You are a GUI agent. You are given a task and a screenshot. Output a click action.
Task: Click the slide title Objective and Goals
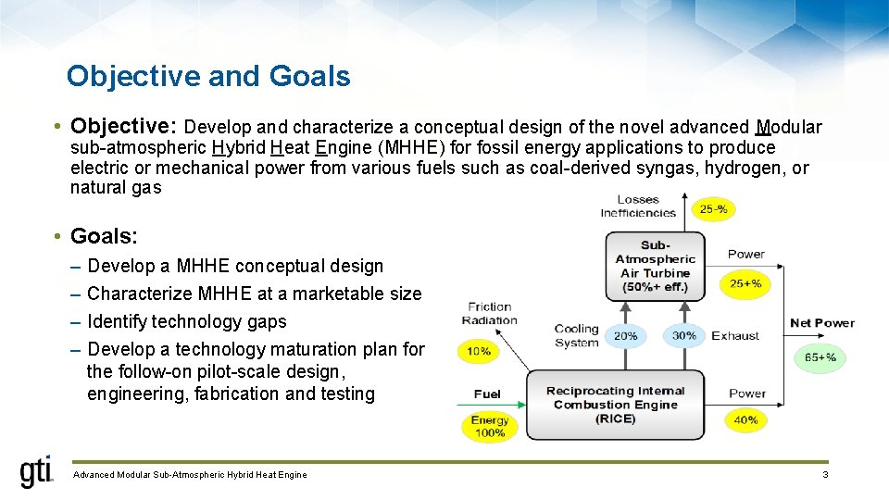[208, 76]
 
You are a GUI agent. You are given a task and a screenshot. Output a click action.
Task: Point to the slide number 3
[824, 475]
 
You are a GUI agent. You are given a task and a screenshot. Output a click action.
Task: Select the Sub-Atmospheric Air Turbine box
[655, 267]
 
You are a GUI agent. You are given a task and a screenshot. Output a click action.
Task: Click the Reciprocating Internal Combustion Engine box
[616, 405]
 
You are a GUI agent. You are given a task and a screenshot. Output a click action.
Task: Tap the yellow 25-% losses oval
[713, 209]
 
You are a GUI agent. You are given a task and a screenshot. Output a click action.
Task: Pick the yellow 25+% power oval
[745, 283]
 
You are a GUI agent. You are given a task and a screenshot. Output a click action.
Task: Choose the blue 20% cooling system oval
[626, 336]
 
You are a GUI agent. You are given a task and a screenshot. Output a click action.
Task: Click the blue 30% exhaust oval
[684, 336]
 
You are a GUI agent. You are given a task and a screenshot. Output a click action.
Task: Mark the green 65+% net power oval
[820, 356]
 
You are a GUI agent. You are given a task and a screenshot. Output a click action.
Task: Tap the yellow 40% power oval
[745, 419]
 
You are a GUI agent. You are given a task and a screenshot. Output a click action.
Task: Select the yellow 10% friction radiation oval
[478, 352]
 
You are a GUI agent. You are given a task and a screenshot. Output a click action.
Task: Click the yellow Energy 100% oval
[489, 426]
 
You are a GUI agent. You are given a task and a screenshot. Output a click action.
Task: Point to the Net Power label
[821, 323]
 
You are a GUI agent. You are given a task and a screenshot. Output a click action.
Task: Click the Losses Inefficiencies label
[638, 206]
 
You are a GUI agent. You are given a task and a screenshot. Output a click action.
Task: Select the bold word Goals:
[104, 236]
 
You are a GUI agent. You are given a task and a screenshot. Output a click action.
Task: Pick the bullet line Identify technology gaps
[186, 321]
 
